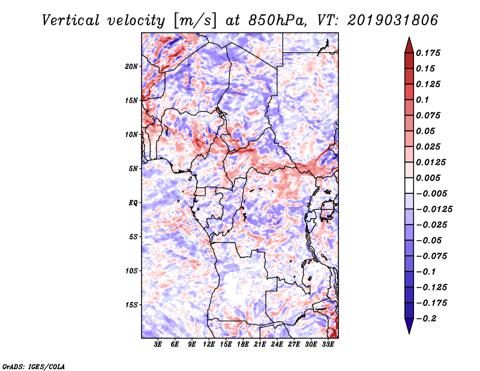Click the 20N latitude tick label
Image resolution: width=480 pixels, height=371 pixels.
pyautogui.click(x=131, y=67)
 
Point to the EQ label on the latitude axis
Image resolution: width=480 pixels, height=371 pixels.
pyautogui.click(x=133, y=203)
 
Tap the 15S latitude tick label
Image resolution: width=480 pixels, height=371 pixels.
pyautogui.click(x=131, y=305)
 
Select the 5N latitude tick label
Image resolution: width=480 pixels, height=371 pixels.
pyautogui.click(x=133, y=169)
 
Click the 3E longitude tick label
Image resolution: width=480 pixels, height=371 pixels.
pyautogui.click(x=158, y=344)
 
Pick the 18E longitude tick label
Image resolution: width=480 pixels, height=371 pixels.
pyautogui.click(x=243, y=344)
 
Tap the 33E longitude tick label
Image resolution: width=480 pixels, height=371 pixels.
pyautogui.click(x=328, y=344)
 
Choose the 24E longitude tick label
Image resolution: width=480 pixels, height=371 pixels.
pyautogui.click(x=277, y=344)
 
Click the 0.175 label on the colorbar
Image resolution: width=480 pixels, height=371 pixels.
pyautogui.click(x=428, y=53)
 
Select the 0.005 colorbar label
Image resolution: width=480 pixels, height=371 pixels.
pyautogui.click(x=428, y=178)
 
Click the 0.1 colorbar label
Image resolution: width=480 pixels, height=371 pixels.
pyautogui.click(x=422, y=100)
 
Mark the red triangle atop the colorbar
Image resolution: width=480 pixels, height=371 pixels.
pyautogui.click(x=409, y=46)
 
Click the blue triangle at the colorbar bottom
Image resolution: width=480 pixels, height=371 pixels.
pyautogui.click(x=409, y=326)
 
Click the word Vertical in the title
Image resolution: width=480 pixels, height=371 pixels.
pyautogui.click(x=71, y=20)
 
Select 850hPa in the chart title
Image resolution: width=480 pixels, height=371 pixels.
pyautogui.click(x=278, y=20)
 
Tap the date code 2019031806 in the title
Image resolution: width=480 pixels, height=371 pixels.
pyautogui.click(x=393, y=20)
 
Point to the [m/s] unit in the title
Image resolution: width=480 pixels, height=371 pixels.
pyautogui.click(x=194, y=20)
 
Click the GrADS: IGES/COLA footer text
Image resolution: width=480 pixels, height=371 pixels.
pyautogui.click(x=34, y=366)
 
